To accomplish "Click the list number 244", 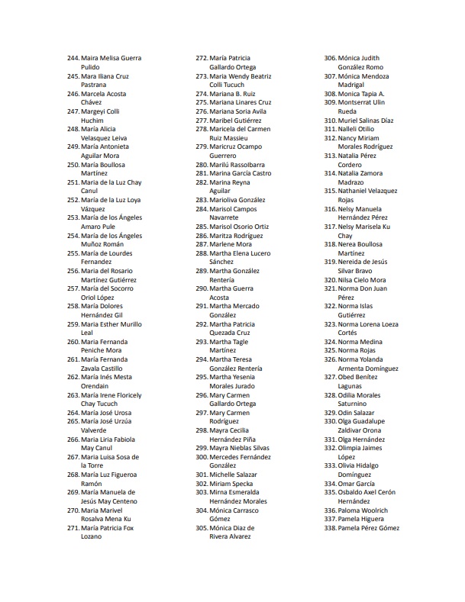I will pos(73,58).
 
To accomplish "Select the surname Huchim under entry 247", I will pos(92,120).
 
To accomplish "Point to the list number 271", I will pos(73,528).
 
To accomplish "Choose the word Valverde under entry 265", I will pos(95,430).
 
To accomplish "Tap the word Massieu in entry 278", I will pos(238,137).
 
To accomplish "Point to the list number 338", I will pos(330,528).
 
